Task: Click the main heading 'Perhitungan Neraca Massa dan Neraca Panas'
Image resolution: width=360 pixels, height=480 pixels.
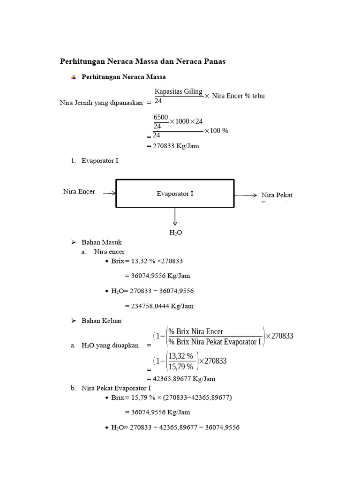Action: [x=143, y=61]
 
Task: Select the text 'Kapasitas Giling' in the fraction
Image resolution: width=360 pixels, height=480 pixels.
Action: [x=179, y=91]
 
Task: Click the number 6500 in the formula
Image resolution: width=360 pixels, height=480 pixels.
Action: [x=161, y=117]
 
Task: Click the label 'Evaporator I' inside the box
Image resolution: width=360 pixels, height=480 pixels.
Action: [x=175, y=194]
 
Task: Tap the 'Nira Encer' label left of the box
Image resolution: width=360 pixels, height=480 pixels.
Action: [x=79, y=191]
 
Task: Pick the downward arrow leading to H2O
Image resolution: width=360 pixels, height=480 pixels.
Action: [x=175, y=217]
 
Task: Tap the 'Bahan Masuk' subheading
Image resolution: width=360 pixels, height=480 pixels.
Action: [x=101, y=242]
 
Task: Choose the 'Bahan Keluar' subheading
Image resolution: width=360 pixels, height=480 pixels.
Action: [x=101, y=321]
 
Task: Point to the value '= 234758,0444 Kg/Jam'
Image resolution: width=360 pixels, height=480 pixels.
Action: [x=159, y=306]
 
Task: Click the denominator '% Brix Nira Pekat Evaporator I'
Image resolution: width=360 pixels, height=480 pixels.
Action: [x=214, y=342]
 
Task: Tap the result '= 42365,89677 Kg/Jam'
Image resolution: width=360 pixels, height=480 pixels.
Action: [x=181, y=379]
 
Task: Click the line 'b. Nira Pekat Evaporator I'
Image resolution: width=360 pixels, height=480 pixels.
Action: [x=111, y=388]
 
